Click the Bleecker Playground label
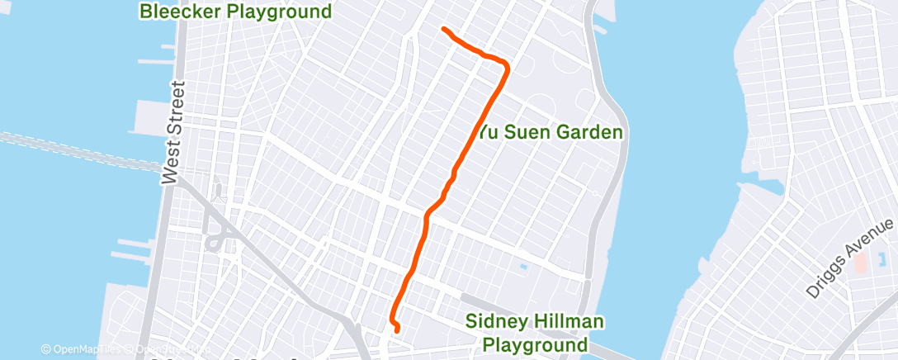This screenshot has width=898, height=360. click(236, 12)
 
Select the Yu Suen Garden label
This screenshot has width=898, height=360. click(549, 132)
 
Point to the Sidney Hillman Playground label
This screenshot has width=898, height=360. click(536, 333)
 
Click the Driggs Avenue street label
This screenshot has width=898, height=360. click(850, 258)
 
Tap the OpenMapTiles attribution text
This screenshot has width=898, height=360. click(82, 349)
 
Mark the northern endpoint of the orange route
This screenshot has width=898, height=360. click(444, 29)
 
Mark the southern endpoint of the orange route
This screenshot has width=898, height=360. click(397, 330)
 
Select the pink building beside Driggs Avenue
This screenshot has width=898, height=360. click(861, 263)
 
